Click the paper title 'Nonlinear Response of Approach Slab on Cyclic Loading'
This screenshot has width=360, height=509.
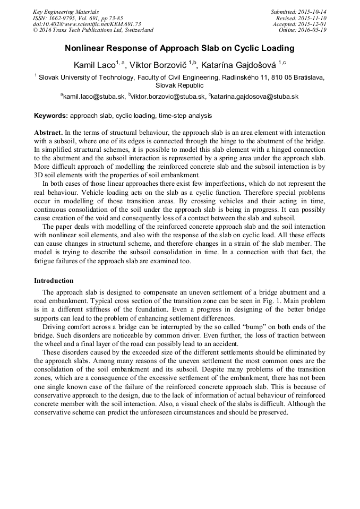[179, 48]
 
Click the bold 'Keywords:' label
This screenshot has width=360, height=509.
[50, 115]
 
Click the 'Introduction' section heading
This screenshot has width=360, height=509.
[54, 280]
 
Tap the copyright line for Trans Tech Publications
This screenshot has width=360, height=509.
[93, 31]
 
